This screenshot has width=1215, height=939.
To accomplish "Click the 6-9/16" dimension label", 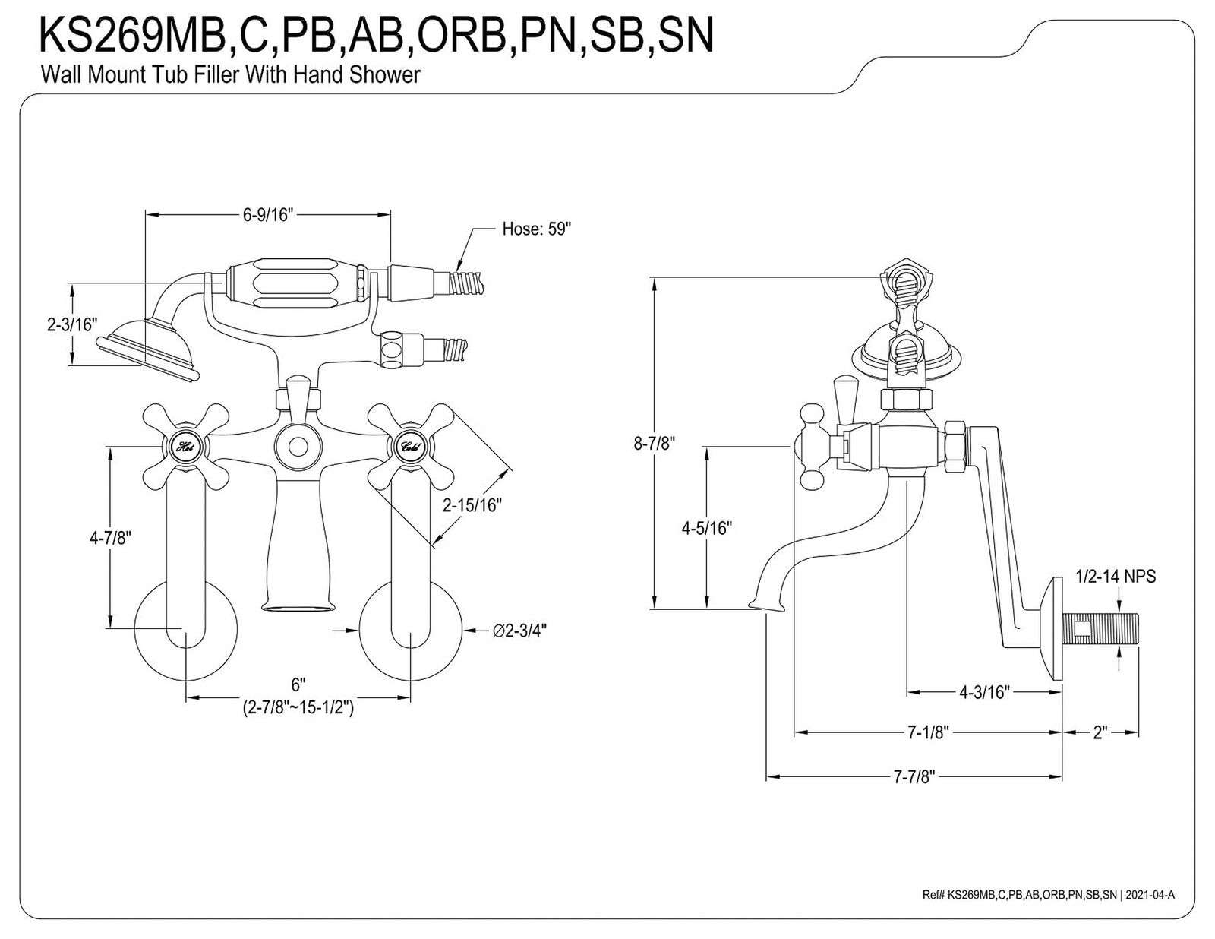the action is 268,215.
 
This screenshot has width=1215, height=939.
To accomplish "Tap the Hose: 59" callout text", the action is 537,229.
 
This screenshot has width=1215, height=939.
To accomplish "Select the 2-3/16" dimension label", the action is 72,324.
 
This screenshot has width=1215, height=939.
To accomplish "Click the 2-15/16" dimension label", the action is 472,505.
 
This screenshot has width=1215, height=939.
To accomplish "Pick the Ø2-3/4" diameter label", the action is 519,631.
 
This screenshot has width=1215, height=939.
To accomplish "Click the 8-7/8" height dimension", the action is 654,444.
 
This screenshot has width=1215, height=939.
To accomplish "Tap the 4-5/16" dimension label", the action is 707,528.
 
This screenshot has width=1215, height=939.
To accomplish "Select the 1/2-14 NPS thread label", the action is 1116,576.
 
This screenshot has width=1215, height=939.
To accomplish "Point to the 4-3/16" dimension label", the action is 985,692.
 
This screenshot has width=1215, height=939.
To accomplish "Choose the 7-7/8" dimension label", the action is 914,777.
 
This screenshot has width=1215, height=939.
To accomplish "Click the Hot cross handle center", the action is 186,447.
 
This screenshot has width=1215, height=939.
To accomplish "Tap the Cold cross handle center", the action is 410,447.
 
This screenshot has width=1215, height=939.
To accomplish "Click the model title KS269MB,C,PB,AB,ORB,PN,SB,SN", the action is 377,35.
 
